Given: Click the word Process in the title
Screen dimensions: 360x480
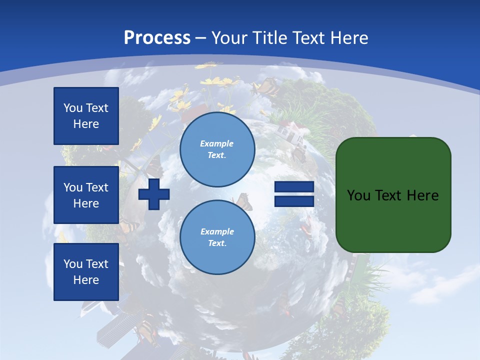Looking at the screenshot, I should point(157,38).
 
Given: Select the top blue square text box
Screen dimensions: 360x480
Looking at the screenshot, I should point(86,116).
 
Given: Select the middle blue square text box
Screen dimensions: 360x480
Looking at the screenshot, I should point(86,195).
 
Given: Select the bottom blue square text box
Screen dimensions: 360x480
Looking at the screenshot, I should point(86,271).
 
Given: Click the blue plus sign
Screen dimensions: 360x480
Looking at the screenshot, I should point(154,194).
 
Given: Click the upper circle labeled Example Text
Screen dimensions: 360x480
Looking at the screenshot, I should point(217,149).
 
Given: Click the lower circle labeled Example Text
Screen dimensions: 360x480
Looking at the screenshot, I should point(217,237).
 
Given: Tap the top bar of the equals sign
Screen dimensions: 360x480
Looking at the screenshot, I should point(294,187).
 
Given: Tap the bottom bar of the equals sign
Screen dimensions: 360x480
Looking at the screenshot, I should point(294,201).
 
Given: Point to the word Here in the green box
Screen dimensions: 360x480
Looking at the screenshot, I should point(422,195).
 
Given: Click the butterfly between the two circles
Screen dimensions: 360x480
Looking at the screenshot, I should point(243,201).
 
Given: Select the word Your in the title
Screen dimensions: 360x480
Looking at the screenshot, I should point(229,38).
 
